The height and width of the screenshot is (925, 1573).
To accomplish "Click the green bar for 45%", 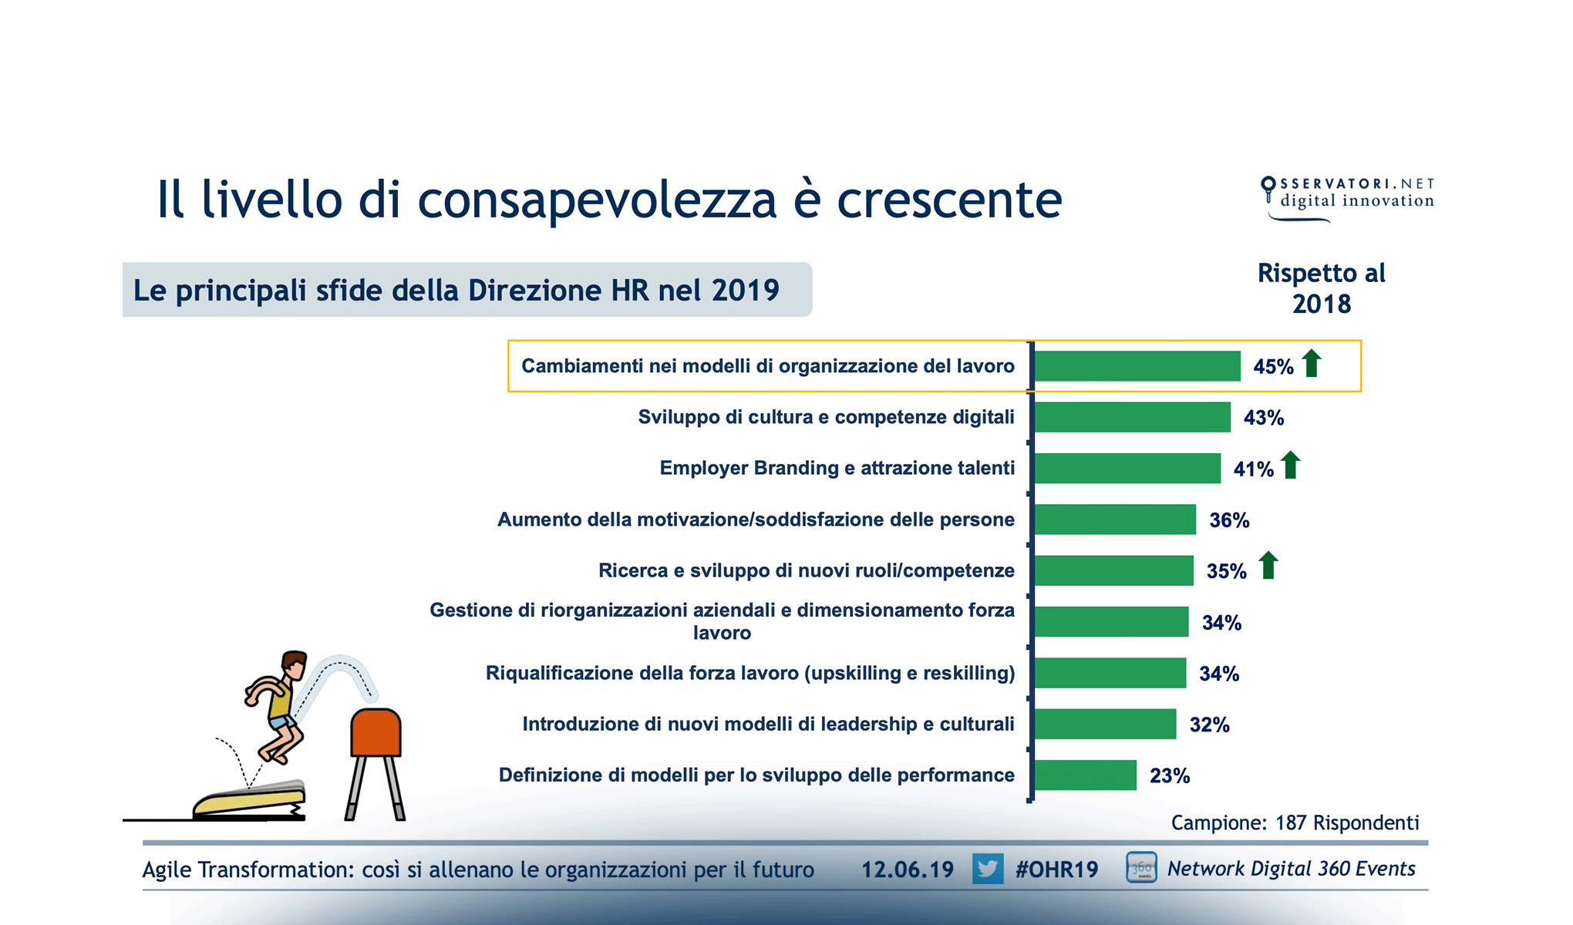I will pos(1137,366).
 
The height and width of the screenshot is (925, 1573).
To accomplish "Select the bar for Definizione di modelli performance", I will pos(1085,775).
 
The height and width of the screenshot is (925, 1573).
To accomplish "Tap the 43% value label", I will pos(1263,418).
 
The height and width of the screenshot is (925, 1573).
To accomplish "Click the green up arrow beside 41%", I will pos(1290,466).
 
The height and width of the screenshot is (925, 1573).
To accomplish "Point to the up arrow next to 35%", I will pos(1268,566).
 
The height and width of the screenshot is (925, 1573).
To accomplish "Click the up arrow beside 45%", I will pos(1311,363).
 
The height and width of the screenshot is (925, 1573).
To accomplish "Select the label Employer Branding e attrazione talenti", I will pos(837,468).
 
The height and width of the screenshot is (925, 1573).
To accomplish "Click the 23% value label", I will pos(1169,775).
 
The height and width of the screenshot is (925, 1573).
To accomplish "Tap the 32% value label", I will pos(1209,725).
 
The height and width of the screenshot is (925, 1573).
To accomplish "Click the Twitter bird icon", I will pos(987,869).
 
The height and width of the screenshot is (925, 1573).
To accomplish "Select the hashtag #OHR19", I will pos(1056,869).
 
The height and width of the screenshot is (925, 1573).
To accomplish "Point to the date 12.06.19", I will pos(907,869).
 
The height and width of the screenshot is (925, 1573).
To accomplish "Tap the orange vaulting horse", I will pos(376,732).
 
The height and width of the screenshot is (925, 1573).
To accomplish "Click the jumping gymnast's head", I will pos(294,664).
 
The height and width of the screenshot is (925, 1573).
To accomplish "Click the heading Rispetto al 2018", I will pos(1321,288).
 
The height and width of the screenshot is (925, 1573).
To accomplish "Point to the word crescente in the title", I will pos(949,200).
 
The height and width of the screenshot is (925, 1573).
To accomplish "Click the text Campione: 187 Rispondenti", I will pos(1295,822).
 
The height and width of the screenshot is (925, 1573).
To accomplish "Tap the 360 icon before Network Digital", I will pos(1140,868).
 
